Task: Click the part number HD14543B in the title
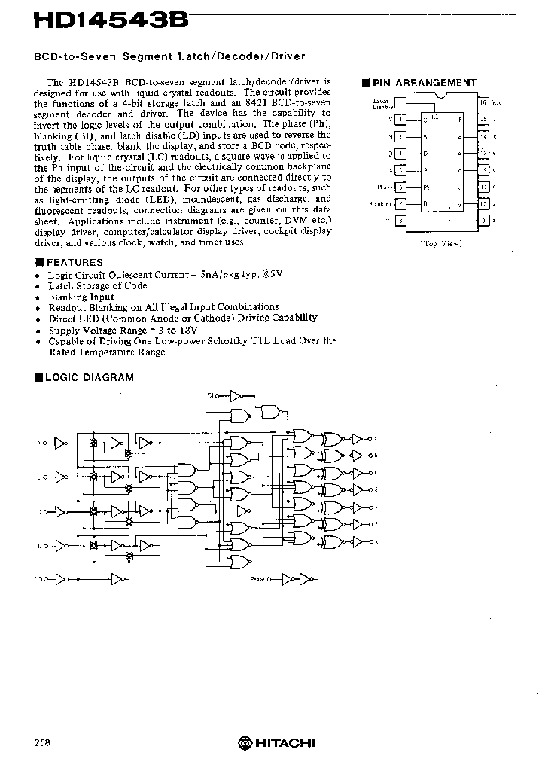tap(110, 21)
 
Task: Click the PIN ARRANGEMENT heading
tap(425, 83)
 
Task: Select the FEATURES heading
tap(75, 263)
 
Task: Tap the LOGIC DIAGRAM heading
tap(89, 377)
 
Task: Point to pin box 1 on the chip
tap(401, 102)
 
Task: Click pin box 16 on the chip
tap(483, 102)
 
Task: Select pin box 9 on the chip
tap(483, 220)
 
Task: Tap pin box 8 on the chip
tap(401, 220)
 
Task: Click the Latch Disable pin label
tap(384, 103)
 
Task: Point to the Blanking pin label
tap(382, 203)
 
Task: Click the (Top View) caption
tap(441, 244)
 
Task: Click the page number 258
tap(42, 742)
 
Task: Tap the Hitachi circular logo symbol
tap(244, 743)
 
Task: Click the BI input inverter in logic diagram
tap(236, 395)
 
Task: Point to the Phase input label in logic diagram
tap(257, 579)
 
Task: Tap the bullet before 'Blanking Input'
tap(38, 297)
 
